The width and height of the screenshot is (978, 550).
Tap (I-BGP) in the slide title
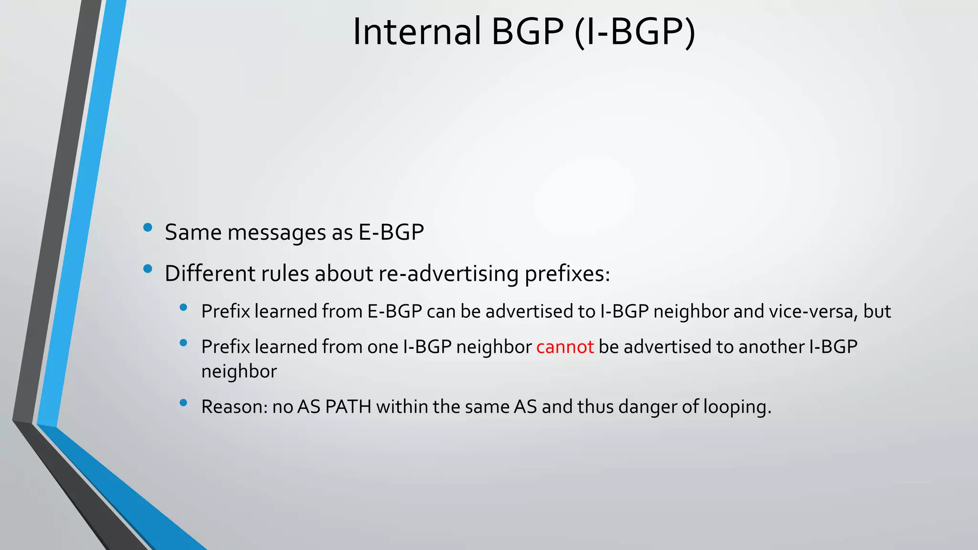pos(635,32)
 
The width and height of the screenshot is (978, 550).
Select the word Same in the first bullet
pos(193,233)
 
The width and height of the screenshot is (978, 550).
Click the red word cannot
pos(565,347)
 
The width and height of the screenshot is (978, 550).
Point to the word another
pos(771,347)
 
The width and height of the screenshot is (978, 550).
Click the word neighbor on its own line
pos(239,371)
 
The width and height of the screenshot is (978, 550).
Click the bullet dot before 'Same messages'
pos(148,228)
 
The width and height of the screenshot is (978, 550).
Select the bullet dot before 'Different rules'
pos(148,269)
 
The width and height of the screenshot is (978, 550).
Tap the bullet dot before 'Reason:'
pos(183,403)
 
